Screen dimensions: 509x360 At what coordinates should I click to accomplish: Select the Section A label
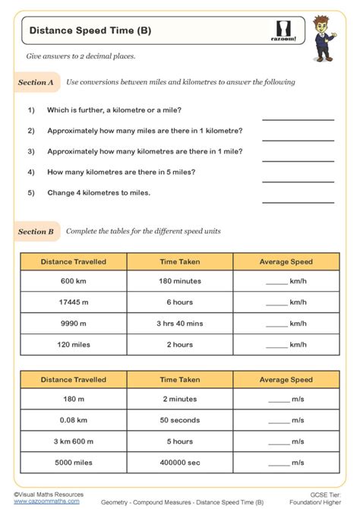[36, 82]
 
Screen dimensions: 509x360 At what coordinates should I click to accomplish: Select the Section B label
[36, 231]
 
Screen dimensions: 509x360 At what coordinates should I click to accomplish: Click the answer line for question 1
[298, 119]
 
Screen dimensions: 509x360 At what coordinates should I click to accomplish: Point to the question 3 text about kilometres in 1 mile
[145, 151]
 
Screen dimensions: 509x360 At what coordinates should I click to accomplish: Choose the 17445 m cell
[74, 302]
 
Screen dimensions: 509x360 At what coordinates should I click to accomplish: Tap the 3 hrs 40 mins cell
[179, 324]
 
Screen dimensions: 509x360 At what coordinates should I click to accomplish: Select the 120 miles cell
[74, 344]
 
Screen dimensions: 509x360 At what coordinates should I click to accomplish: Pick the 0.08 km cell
[74, 420]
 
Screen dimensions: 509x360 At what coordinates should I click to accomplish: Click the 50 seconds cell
[179, 420]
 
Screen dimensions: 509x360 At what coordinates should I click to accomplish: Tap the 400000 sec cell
[179, 462]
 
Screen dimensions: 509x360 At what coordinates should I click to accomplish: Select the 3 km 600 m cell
[74, 441]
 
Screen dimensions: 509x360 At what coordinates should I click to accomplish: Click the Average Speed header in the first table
[286, 261]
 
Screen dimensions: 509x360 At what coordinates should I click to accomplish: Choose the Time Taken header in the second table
[179, 379]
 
